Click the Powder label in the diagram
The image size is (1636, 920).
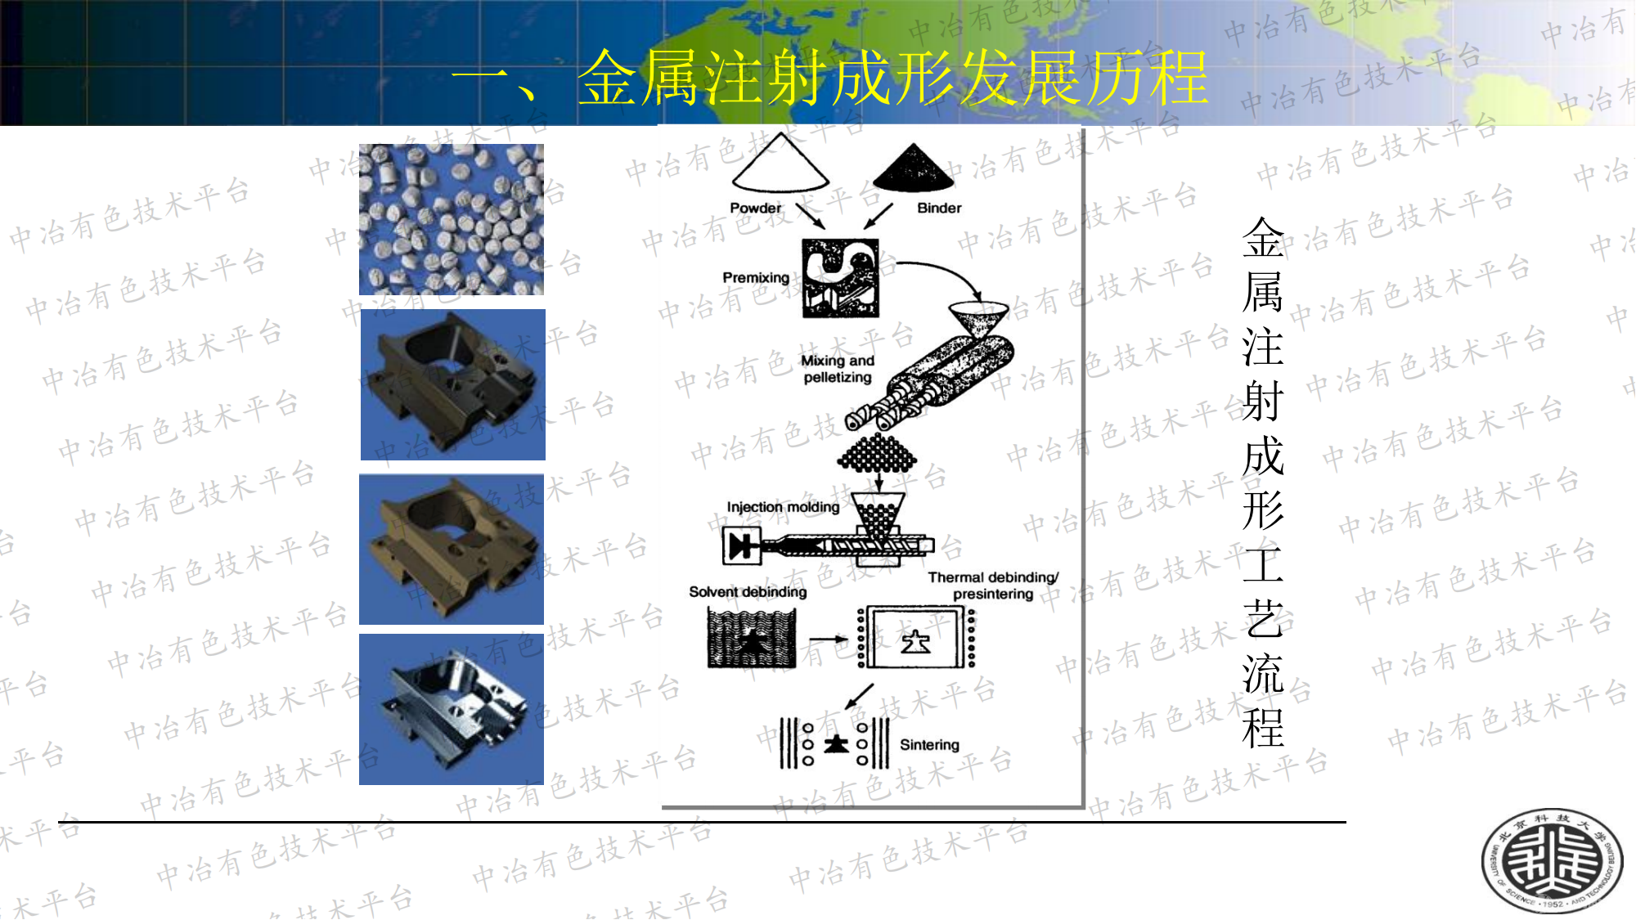755,209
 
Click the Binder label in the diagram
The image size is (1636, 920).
939,209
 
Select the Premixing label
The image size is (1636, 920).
756,278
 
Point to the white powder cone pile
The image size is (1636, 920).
780,164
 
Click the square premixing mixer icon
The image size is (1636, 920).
840,278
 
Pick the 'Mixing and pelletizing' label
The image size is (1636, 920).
838,369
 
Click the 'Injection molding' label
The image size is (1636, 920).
783,507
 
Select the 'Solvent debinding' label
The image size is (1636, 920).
748,592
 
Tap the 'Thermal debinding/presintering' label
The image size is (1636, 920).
993,586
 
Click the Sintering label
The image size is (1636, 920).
929,745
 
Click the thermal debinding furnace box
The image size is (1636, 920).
916,639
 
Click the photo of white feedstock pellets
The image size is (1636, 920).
452,219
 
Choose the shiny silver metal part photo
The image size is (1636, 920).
452,710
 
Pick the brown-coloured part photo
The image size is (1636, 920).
452,550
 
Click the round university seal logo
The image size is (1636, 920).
1552,860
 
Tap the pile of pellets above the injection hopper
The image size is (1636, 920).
877,453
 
